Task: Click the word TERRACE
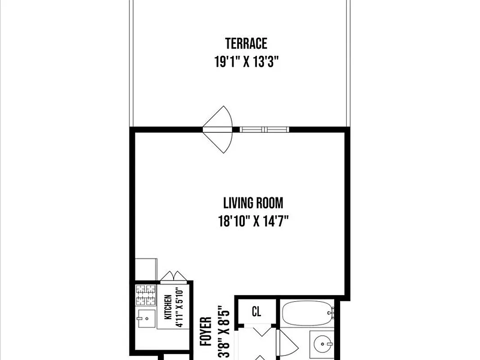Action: [x=246, y=44]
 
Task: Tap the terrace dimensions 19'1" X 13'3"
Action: [x=246, y=62]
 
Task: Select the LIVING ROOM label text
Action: [x=253, y=203]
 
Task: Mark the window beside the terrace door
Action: [x=264, y=130]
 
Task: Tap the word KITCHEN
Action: [x=167, y=307]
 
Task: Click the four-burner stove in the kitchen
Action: [x=146, y=295]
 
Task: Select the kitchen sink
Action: [x=146, y=319]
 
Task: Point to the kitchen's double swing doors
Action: [x=173, y=276]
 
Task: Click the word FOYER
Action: [x=206, y=332]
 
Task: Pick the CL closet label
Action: [x=256, y=311]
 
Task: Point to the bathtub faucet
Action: [x=331, y=311]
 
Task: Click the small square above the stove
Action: [x=146, y=269]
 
